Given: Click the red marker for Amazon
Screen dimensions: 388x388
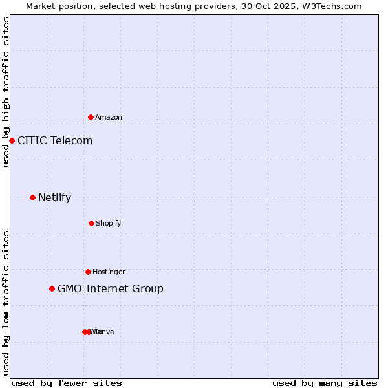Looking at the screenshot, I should click(x=91, y=117).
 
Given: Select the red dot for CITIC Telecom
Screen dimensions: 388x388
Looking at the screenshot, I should click(x=12, y=140).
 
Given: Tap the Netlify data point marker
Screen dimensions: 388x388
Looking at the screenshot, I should click(x=32, y=197).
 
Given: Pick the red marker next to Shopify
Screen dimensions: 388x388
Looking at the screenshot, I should click(x=91, y=223).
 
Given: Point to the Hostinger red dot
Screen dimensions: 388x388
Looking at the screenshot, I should click(x=88, y=272).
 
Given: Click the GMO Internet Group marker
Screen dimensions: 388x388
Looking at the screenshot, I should click(x=52, y=288).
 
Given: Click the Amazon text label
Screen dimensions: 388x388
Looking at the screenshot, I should click(x=109, y=117).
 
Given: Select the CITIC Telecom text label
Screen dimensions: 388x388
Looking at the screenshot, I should click(x=55, y=140).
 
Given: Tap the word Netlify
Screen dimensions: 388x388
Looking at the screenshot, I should click(x=54, y=197).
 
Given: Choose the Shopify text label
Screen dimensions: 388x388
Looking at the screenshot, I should click(x=109, y=223).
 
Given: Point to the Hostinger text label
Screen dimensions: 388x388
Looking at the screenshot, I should click(x=109, y=272).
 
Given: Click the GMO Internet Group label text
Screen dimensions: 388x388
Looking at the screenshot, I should click(x=111, y=288).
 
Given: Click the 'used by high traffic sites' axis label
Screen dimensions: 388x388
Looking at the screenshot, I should click(x=6, y=92).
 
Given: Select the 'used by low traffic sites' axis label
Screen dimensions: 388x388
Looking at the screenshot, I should click(x=6, y=302).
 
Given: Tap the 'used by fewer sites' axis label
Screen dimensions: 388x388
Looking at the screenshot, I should click(x=67, y=383).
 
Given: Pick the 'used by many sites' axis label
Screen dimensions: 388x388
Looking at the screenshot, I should click(x=325, y=383).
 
